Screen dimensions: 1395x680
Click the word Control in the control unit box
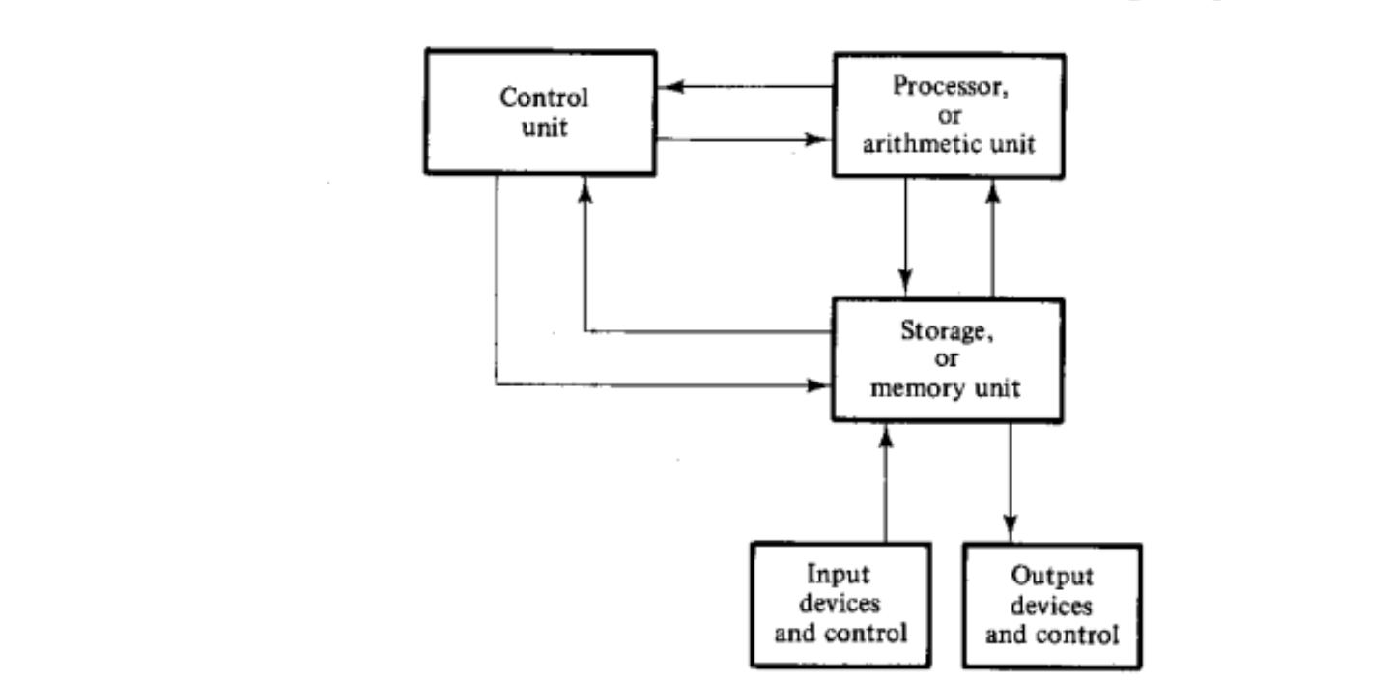(x=544, y=98)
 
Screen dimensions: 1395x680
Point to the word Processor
(x=951, y=86)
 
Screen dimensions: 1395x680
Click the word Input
(x=839, y=574)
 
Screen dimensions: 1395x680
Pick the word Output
(x=1052, y=576)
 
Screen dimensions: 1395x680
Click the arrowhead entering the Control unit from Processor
(x=671, y=86)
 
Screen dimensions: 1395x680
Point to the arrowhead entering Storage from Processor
(x=905, y=281)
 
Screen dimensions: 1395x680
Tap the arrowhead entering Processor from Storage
(x=993, y=192)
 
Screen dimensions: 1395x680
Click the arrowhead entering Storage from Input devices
(x=886, y=438)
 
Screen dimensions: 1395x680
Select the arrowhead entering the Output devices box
(x=1011, y=526)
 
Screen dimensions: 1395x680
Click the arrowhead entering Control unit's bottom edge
(x=584, y=189)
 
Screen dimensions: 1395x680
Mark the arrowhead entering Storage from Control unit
(x=817, y=385)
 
